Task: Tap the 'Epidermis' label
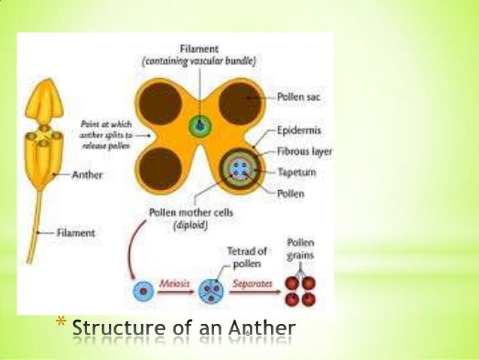click(x=297, y=129)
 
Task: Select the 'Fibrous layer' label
click(x=303, y=150)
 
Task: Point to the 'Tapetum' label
click(x=295, y=172)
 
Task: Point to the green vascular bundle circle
click(x=200, y=125)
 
